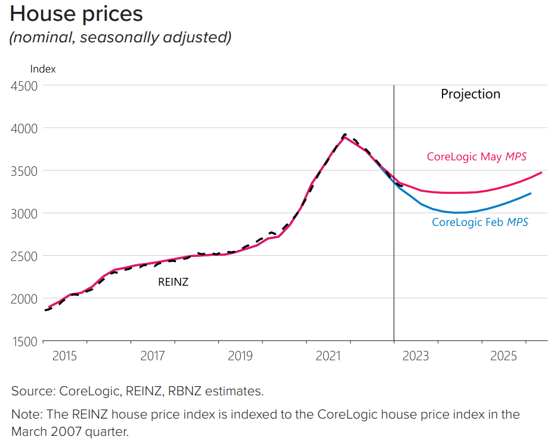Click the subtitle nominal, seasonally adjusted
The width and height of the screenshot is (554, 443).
point(120,38)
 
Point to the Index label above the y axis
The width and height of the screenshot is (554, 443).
point(42,69)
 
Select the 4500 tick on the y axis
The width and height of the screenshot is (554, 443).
point(24,86)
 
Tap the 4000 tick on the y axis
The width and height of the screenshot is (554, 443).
point(24,128)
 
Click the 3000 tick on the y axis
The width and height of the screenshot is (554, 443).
point(24,213)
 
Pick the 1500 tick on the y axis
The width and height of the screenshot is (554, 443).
point(24,341)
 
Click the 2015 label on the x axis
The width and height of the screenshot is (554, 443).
point(64,357)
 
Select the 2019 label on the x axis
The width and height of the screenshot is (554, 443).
point(240,357)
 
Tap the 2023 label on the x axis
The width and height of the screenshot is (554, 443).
point(416,357)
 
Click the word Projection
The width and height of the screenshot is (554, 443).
point(471,94)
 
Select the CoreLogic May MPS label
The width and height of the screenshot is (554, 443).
point(476,157)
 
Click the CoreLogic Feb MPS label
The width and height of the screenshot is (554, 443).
point(480,222)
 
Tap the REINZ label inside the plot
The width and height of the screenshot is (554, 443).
point(173,282)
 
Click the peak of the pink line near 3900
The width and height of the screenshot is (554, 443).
point(345,137)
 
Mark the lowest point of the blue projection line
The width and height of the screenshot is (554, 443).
point(457,212)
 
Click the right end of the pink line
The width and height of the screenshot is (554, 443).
point(541,172)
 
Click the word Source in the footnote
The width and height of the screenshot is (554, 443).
point(32,392)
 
